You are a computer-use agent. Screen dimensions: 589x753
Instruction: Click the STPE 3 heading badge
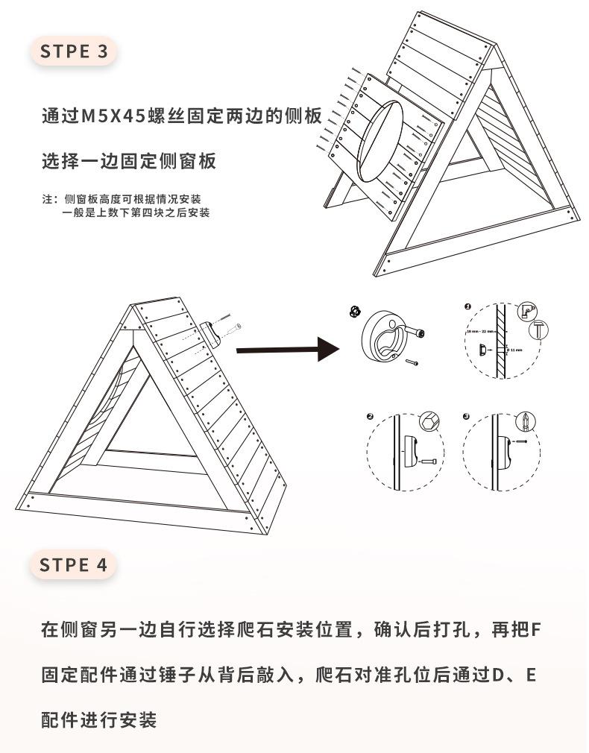pos(74,51)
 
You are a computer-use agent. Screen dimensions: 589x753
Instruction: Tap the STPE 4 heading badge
pos(74,564)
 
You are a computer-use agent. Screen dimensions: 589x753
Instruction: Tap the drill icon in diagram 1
pos(527,311)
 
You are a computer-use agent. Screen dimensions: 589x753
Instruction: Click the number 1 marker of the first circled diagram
pos(467,306)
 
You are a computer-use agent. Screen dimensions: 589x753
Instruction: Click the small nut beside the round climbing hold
pos(354,311)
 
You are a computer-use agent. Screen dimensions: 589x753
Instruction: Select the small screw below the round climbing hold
pos(412,363)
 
